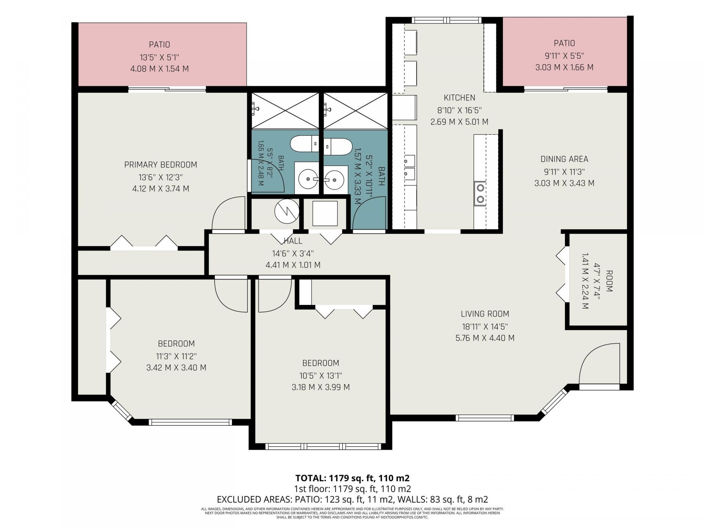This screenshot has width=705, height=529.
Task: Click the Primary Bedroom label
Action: pos(160,165)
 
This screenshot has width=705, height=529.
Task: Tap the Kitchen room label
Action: pos(459,98)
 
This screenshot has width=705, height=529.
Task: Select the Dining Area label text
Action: pos(564,159)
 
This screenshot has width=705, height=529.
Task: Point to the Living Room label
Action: pos(485,314)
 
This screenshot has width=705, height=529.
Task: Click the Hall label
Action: pos(293,241)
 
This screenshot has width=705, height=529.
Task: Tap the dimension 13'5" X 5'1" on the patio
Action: pos(159,57)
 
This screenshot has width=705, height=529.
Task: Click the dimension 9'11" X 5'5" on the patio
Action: pos(564,56)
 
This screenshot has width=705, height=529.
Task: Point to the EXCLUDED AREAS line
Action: pos(352,500)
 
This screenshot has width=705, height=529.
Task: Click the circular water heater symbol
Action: pos(287,211)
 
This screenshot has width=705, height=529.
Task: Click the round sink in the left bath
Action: pos(307,179)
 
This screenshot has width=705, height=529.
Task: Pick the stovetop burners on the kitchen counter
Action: pos(480,194)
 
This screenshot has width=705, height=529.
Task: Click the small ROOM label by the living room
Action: pos(609,281)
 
